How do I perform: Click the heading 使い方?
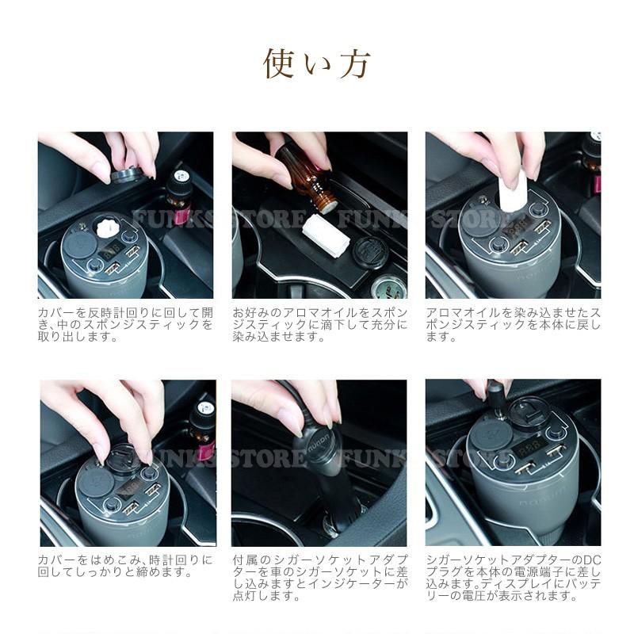(316, 64)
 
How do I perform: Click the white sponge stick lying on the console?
(326, 235)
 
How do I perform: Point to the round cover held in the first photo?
(126, 174)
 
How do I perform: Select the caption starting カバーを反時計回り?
(125, 324)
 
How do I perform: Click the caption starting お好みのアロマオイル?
(320, 324)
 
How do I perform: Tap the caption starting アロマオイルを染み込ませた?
(514, 324)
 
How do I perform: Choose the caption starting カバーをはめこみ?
(125, 566)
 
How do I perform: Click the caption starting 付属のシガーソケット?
(320, 578)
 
